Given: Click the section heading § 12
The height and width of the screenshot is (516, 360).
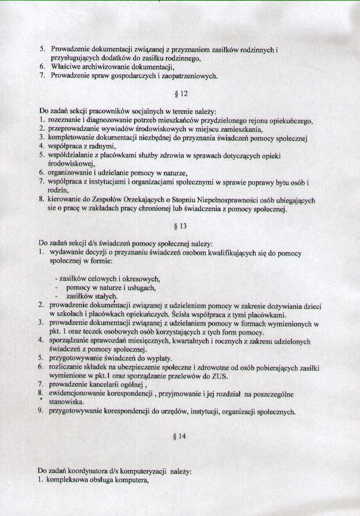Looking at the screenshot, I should (179, 94).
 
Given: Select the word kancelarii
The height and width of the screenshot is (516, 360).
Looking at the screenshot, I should (104, 384).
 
